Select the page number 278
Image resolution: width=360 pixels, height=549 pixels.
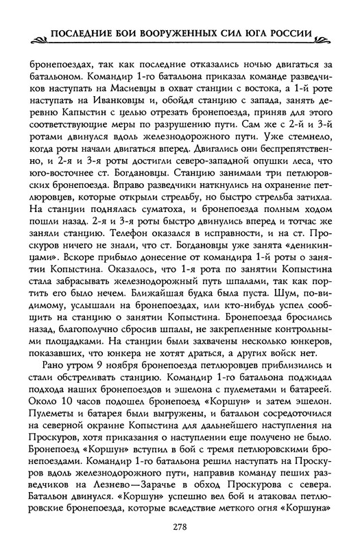click(x=180, y=526)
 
